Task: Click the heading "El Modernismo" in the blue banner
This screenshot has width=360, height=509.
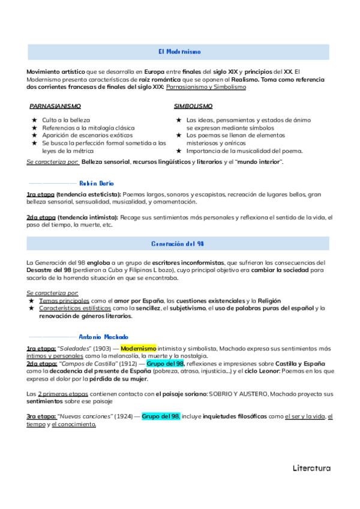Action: point(179,52)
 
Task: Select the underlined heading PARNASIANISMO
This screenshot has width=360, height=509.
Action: point(55,106)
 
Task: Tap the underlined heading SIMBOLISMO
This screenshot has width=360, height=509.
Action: point(193,106)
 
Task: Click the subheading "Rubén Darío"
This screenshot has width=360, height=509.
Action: point(97,183)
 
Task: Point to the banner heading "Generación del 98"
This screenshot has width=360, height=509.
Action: point(179,244)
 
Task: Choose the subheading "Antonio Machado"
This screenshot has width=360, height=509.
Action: point(103,337)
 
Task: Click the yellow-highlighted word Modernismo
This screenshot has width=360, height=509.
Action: point(138,348)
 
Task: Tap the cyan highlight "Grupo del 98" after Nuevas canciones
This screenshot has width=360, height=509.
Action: point(161,416)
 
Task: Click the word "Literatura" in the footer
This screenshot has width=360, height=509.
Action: point(311,468)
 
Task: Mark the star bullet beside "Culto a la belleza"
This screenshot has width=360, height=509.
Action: point(35,121)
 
